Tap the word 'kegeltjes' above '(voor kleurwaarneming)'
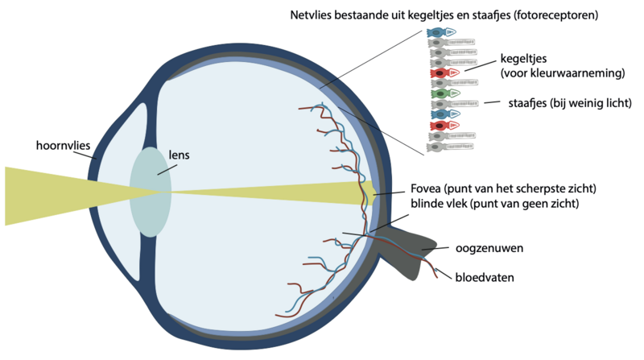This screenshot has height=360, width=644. [526, 60]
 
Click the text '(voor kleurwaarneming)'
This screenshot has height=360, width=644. [562, 73]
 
